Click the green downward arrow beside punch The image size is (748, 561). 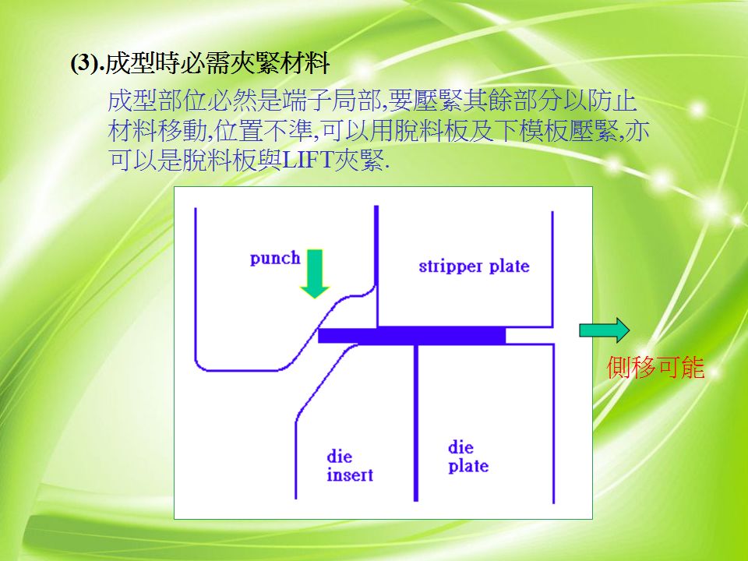[x=314, y=273]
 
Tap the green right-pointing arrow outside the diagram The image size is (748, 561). [x=604, y=330]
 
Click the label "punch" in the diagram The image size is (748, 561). [x=275, y=259]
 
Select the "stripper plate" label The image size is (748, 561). [x=474, y=266]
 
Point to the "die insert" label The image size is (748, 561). [x=350, y=466]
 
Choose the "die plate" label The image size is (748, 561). [x=468, y=457]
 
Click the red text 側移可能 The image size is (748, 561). [x=655, y=367]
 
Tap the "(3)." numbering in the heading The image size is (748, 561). [x=87, y=63]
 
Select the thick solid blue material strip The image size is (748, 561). [x=411, y=335]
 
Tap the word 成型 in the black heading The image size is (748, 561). [x=130, y=63]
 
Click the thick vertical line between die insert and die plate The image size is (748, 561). [x=416, y=422]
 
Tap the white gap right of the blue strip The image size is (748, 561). [x=530, y=335]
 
